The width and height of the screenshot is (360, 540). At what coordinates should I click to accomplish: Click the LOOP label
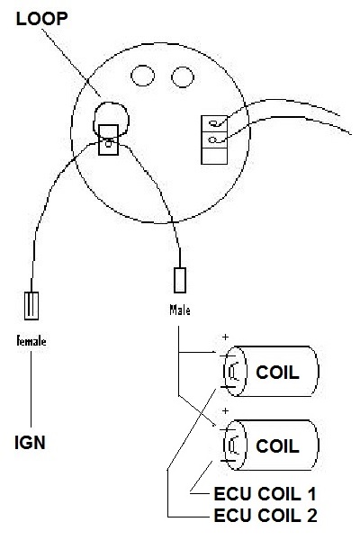click(x=41, y=19)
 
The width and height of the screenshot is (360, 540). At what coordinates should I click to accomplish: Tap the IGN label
click(x=30, y=443)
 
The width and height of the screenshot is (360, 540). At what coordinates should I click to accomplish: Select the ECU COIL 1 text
click(x=265, y=494)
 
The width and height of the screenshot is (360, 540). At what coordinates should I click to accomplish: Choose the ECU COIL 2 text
click(x=265, y=516)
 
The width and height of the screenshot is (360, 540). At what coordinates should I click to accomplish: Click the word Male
click(x=179, y=310)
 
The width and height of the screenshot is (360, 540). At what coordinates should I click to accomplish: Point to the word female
click(x=31, y=340)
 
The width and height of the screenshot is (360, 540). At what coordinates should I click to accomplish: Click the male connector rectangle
click(x=180, y=280)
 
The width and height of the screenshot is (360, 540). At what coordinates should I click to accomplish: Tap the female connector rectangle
click(x=31, y=305)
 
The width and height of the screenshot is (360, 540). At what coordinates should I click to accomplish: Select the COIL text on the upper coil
click(x=277, y=373)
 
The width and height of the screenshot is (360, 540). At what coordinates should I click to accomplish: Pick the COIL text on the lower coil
click(x=277, y=446)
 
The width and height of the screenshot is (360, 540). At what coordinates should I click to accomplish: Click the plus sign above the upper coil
click(x=225, y=337)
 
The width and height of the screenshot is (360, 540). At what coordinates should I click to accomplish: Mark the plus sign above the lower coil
click(x=225, y=410)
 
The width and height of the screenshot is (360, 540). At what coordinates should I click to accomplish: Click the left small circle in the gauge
click(x=142, y=76)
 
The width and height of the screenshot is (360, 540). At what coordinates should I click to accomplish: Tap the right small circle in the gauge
click(x=183, y=76)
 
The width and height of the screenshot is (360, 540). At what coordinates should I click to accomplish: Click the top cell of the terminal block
click(x=214, y=123)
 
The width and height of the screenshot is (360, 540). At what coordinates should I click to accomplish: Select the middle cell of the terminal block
click(x=214, y=139)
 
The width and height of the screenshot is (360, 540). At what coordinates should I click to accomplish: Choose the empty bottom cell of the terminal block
click(x=214, y=156)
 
